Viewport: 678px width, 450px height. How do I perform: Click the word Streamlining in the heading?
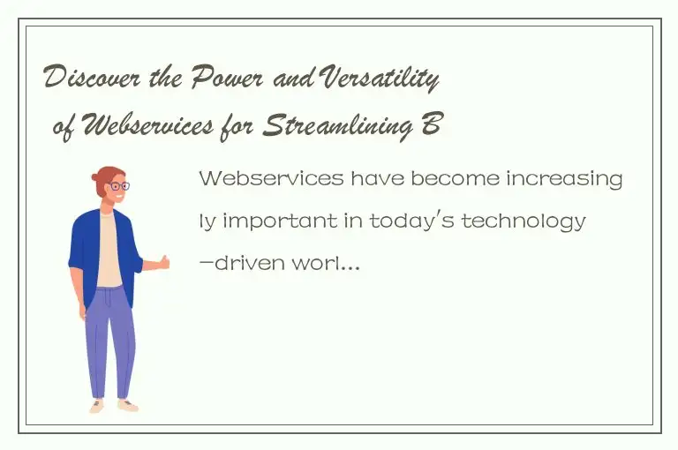(341, 128)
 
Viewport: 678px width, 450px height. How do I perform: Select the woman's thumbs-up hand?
(162, 261)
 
